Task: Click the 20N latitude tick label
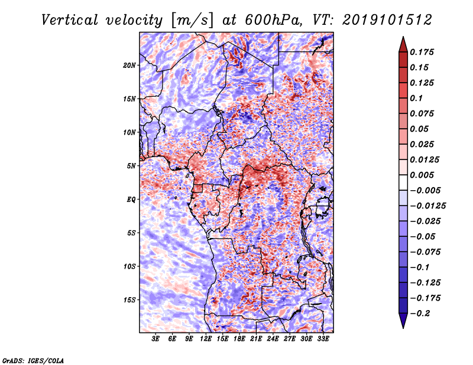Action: (129, 65)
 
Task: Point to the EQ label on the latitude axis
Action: (131, 199)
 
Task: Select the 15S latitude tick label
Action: (129, 299)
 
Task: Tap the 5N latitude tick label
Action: (131, 166)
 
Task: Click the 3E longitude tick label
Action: (156, 339)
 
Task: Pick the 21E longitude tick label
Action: (256, 339)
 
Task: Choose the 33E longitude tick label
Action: (323, 339)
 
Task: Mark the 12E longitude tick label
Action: (206, 339)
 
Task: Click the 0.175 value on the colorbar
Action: (423, 52)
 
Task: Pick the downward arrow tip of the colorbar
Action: (402, 325)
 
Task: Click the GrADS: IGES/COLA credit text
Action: (33, 359)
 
